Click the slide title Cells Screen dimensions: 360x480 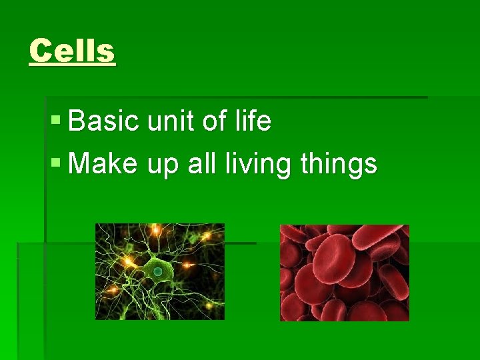(72, 51)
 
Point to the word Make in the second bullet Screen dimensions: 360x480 (101, 163)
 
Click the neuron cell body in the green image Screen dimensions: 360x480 (155, 271)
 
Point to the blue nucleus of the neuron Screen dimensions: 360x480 (157, 272)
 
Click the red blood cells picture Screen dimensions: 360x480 (344, 273)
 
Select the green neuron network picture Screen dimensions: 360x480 (160, 271)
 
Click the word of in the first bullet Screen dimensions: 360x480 (215, 122)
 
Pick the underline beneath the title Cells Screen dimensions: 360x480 (72, 65)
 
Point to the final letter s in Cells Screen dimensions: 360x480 (107, 52)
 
